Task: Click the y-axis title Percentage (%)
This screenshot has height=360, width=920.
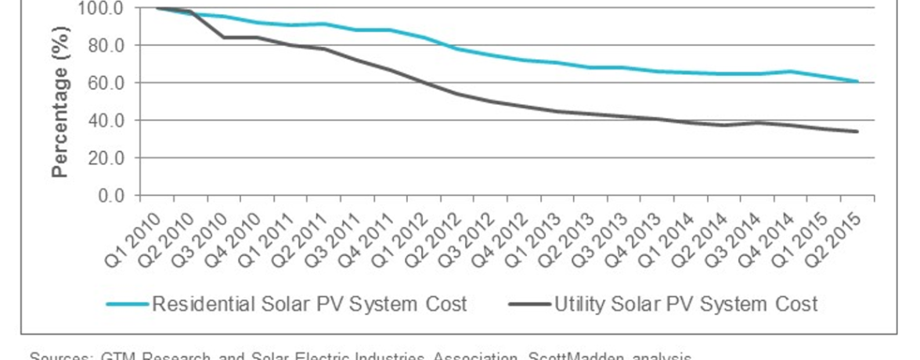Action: pos(60,102)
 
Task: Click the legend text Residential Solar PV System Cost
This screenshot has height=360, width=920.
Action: pos(309,304)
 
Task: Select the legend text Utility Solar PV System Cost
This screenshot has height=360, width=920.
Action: pos(686,304)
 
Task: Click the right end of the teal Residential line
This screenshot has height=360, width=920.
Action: pos(857,81)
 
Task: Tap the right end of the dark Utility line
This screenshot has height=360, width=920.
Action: pos(857,131)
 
